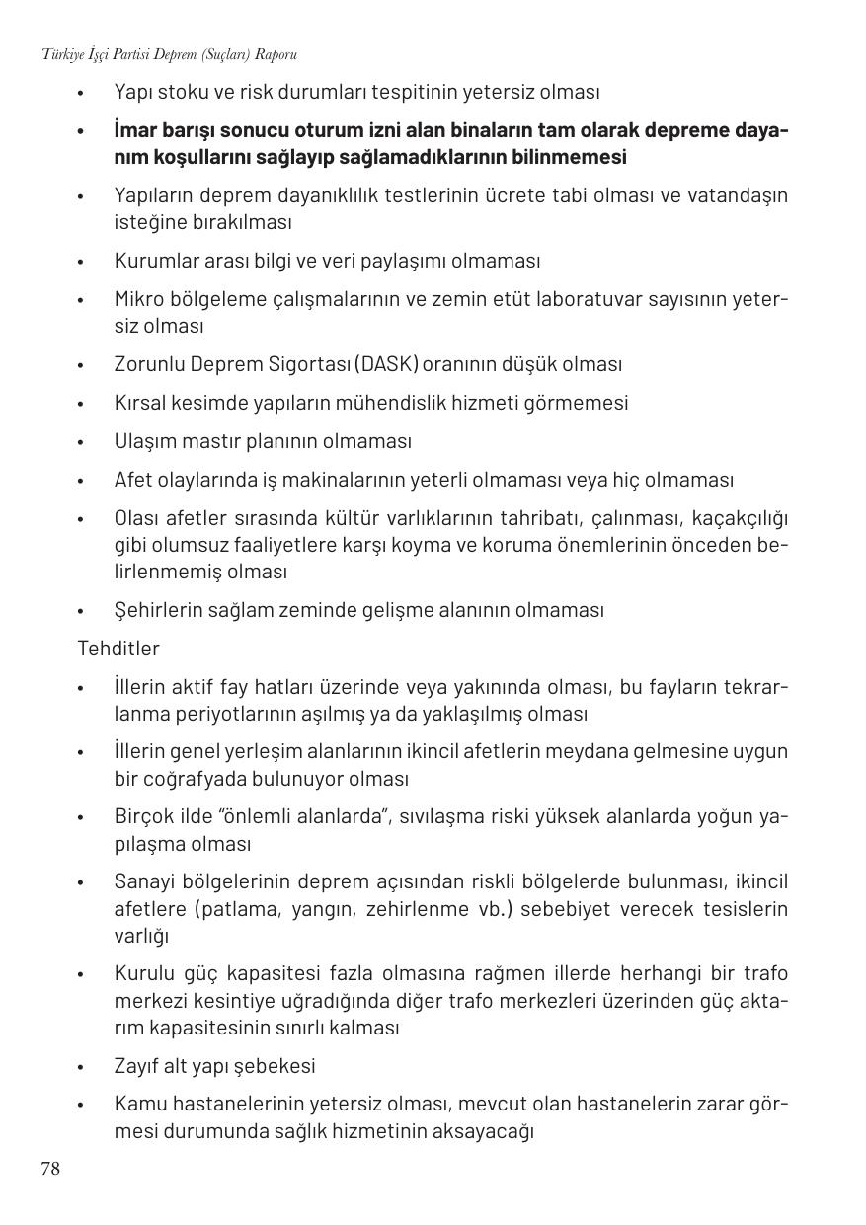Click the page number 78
(x=50, y=1170)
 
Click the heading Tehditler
(x=118, y=649)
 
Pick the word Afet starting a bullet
(x=132, y=480)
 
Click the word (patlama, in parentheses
(x=236, y=908)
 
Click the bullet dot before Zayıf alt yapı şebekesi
(x=81, y=1067)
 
